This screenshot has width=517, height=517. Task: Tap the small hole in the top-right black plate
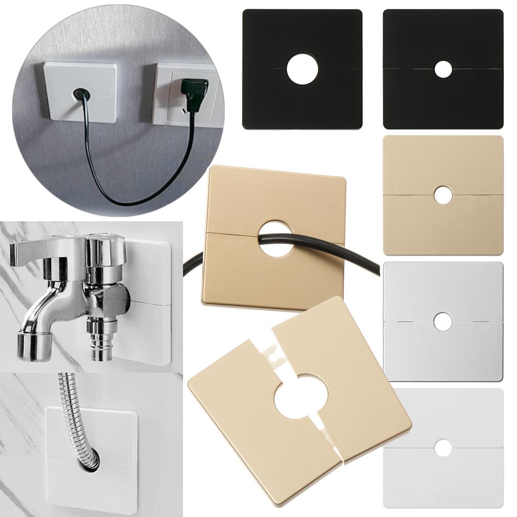tap(443, 69)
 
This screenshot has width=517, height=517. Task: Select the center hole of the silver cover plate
tap(443, 322)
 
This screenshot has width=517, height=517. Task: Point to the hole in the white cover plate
tap(443, 448)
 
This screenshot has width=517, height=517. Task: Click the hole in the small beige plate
tap(443, 195)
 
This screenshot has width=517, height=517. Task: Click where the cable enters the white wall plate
tap(81, 94)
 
